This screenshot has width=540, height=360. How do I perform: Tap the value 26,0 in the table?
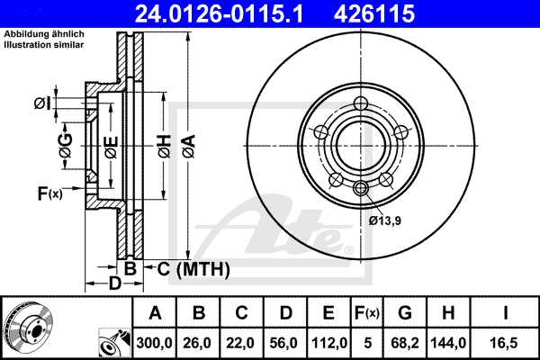199,341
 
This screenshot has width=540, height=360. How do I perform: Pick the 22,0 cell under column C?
242,341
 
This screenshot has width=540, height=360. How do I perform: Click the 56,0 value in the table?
285,341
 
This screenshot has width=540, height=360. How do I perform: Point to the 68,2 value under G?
406,341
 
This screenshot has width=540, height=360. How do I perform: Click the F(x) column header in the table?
367,313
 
